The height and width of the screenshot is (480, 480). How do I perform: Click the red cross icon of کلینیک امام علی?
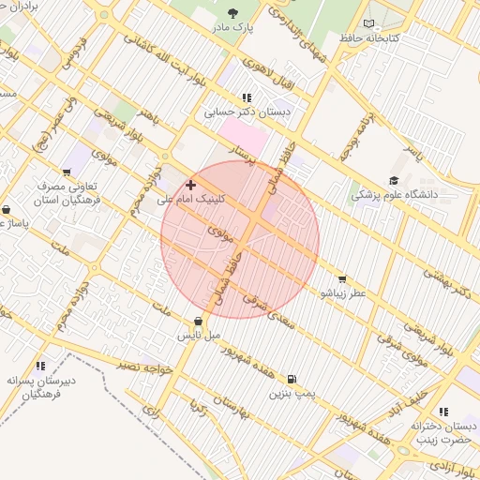coord(191,185)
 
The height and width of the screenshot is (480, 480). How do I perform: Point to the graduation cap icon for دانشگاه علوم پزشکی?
coord(394,181)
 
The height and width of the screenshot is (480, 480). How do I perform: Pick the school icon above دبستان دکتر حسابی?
coord(247,97)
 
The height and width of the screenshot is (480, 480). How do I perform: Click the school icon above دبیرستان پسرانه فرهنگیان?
coord(39,367)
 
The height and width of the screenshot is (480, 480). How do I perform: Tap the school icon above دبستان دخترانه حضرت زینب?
coord(442,412)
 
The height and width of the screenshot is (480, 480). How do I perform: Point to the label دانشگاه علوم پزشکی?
coord(394,196)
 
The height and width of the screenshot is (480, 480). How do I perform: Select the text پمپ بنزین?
coord(290,394)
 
